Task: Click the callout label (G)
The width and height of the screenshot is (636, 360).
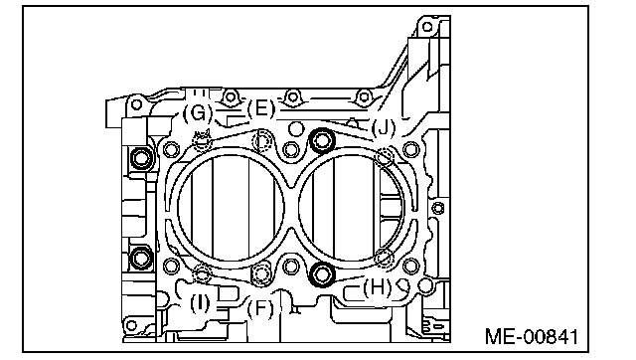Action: [198, 112]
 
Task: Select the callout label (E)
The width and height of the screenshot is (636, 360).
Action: [261, 108]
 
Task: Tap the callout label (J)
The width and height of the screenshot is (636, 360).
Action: [384, 128]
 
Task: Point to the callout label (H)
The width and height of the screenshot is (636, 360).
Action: [378, 288]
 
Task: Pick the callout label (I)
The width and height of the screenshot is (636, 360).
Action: [200, 303]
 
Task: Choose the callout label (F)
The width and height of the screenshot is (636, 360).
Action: [260, 309]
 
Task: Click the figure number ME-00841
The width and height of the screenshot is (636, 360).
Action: [532, 336]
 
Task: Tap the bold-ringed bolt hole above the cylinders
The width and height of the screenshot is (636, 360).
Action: [322, 141]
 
